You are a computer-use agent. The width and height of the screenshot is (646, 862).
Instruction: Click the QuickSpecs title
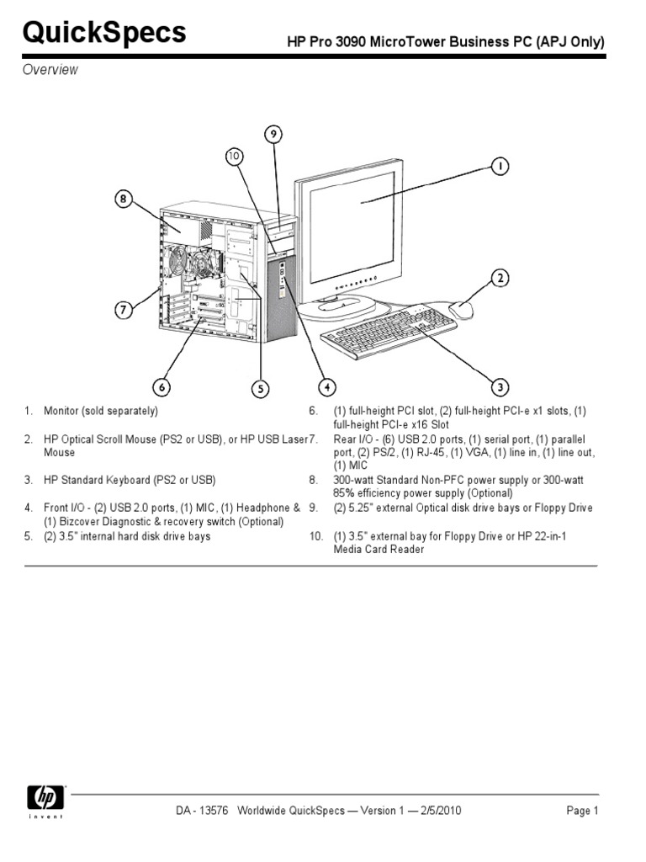(103, 33)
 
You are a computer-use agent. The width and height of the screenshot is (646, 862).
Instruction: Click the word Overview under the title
(50, 70)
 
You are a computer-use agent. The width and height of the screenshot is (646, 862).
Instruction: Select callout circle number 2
(500, 278)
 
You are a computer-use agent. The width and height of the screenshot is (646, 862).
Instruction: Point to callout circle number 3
(500, 387)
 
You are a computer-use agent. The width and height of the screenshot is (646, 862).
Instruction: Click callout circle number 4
(326, 387)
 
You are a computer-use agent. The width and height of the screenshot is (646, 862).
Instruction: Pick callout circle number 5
(262, 387)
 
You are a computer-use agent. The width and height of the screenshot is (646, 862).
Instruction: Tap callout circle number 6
(161, 387)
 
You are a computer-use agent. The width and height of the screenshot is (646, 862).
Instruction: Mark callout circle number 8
(124, 200)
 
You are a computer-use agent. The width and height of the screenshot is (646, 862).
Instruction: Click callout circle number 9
(273, 133)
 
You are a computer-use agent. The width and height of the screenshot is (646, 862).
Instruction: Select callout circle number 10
(234, 156)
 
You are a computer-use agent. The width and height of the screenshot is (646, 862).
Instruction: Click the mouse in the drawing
(461, 310)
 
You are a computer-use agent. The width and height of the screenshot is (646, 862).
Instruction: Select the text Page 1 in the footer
(582, 811)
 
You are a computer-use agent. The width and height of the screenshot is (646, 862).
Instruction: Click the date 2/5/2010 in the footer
(439, 811)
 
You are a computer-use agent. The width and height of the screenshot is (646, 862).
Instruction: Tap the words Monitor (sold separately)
(101, 411)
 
